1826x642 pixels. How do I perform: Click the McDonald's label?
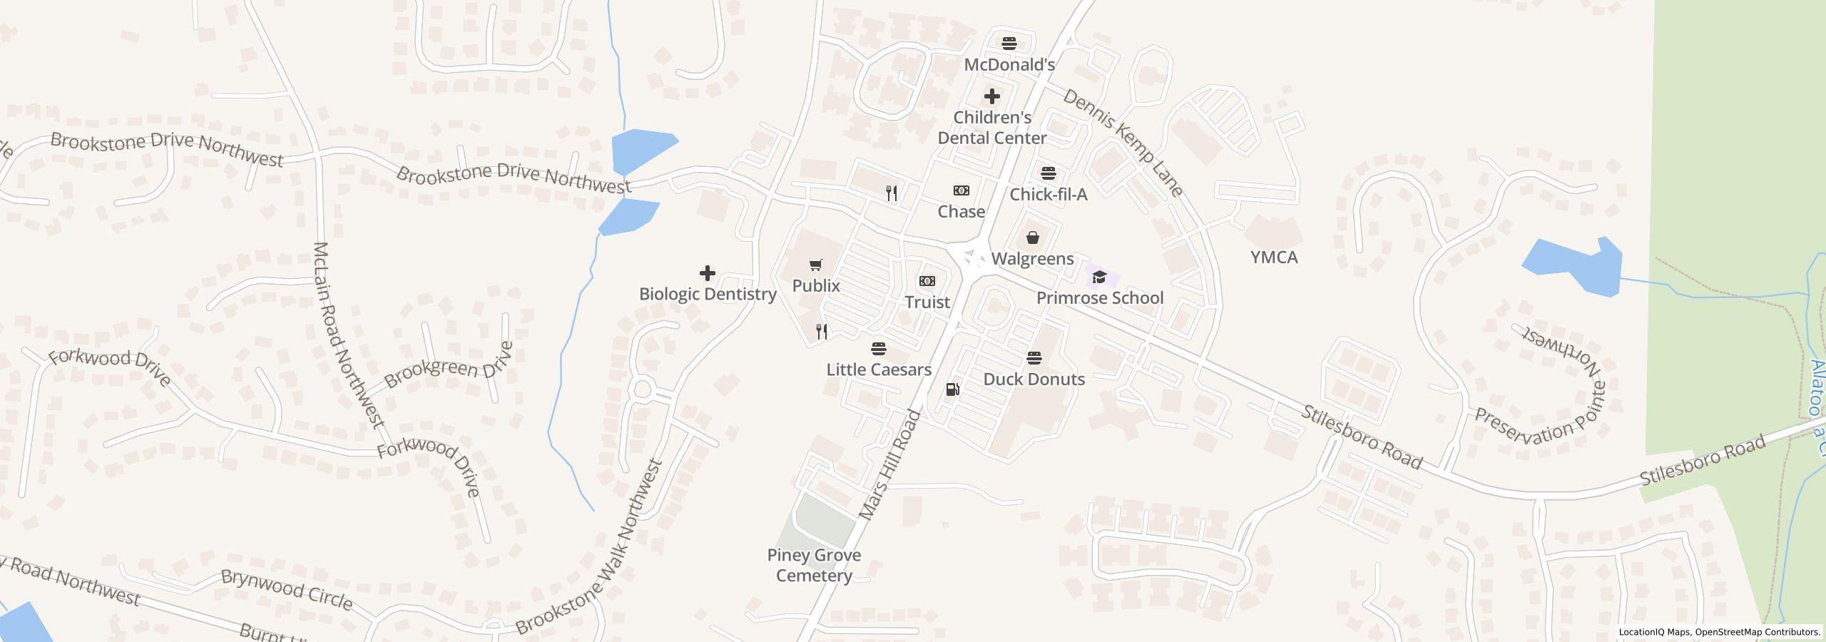pyautogui.click(x=1009, y=65)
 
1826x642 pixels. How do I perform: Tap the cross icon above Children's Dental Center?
pyautogui.click(x=991, y=96)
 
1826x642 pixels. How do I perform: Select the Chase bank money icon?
pyautogui.click(x=961, y=190)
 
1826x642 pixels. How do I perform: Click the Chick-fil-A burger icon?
pyautogui.click(x=1048, y=173)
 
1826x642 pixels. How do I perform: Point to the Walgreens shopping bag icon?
pyautogui.click(x=1032, y=238)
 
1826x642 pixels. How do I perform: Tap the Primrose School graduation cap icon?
pyautogui.click(x=1099, y=277)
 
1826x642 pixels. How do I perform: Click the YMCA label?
pyautogui.click(x=1274, y=258)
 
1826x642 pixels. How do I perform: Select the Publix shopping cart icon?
pyautogui.click(x=816, y=265)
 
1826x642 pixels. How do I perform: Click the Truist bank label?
pyautogui.click(x=927, y=302)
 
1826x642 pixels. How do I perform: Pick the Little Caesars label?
pyautogui.click(x=879, y=370)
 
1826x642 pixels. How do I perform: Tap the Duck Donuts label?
pyautogui.click(x=1034, y=379)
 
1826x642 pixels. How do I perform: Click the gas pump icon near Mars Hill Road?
pyautogui.click(x=952, y=389)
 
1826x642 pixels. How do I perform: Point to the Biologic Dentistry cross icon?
pyautogui.click(x=707, y=273)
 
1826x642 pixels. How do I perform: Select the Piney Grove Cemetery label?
pyautogui.click(x=814, y=565)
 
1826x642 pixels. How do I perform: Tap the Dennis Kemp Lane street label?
pyautogui.click(x=1123, y=143)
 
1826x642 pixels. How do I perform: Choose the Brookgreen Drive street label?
pyautogui.click(x=449, y=365)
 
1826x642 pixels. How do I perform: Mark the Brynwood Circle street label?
pyautogui.click(x=287, y=590)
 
